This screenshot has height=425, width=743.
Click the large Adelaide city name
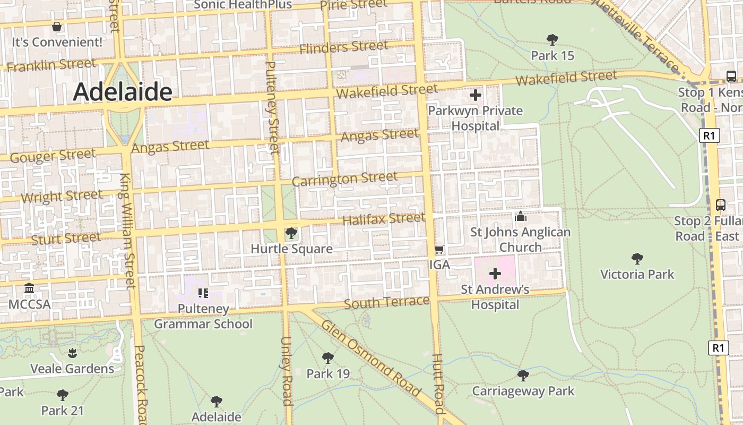[123, 92]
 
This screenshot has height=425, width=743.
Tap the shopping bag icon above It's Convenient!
[57, 26]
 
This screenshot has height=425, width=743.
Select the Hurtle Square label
[291, 249]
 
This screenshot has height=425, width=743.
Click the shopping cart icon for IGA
[439, 249]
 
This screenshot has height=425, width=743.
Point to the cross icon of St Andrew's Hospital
[495, 274]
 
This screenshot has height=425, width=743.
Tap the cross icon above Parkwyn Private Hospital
[476, 96]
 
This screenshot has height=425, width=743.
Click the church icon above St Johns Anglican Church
[520, 217]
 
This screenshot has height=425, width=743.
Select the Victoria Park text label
[637, 274]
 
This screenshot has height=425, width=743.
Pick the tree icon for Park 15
[552, 40]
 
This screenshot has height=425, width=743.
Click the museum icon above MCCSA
[29, 288]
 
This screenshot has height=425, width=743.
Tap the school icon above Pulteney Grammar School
[202, 293]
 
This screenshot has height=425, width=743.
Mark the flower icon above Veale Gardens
[72, 353]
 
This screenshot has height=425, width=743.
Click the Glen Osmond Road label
[371, 359]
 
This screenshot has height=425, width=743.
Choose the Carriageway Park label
[523, 392]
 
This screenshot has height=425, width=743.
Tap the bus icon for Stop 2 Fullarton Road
[721, 205]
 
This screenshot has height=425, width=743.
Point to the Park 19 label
[328, 373]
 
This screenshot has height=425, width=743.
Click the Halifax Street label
[384, 218]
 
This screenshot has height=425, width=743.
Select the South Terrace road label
[386, 302]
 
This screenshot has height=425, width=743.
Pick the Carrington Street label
[344, 179]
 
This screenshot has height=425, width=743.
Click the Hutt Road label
[438, 384]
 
